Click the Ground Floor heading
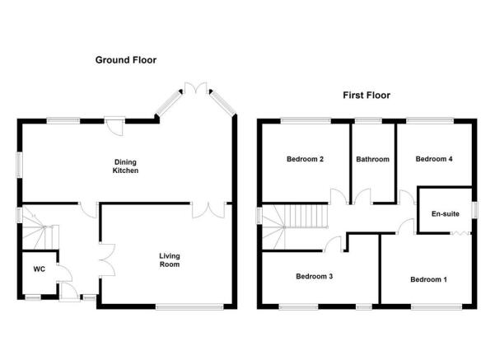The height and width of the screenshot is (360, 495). pyautogui.click(x=126, y=60)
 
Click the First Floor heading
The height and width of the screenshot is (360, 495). pyautogui.click(x=367, y=95)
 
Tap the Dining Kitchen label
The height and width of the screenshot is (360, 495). pyautogui.click(x=125, y=166)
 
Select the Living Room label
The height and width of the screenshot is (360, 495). pyautogui.click(x=170, y=260)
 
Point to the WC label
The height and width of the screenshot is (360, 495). pyautogui.click(x=40, y=269)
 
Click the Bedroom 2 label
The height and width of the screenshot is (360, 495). pyautogui.click(x=305, y=159)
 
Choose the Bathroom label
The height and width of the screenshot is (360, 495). pyautogui.click(x=372, y=159)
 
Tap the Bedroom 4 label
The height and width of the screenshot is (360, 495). pyautogui.click(x=434, y=159)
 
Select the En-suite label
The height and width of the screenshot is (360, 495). pyautogui.click(x=445, y=214)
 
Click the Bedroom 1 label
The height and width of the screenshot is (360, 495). pyautogui.click(x=428, y=279)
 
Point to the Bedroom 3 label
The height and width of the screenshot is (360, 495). pyautogui.click(x=314, y=276)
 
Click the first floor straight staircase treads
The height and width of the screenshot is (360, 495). pyautogui.click(x=306, y=216)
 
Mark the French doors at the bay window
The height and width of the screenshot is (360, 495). pyautogui.click(x=196, y=88)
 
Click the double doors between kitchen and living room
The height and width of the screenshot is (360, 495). pyautogui.click(x=208, y=211)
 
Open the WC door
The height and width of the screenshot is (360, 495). pyautogui.click(x=64, y=273)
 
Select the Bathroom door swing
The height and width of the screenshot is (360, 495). pyautogui.click(x=362, y=196)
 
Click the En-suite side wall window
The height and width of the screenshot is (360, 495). pyautogui.click(x=474, y=210)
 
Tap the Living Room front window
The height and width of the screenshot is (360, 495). pyautogui.click(x=189, y=306)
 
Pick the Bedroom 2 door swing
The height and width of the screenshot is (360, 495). pyautogui.click(x=339, y=196)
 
